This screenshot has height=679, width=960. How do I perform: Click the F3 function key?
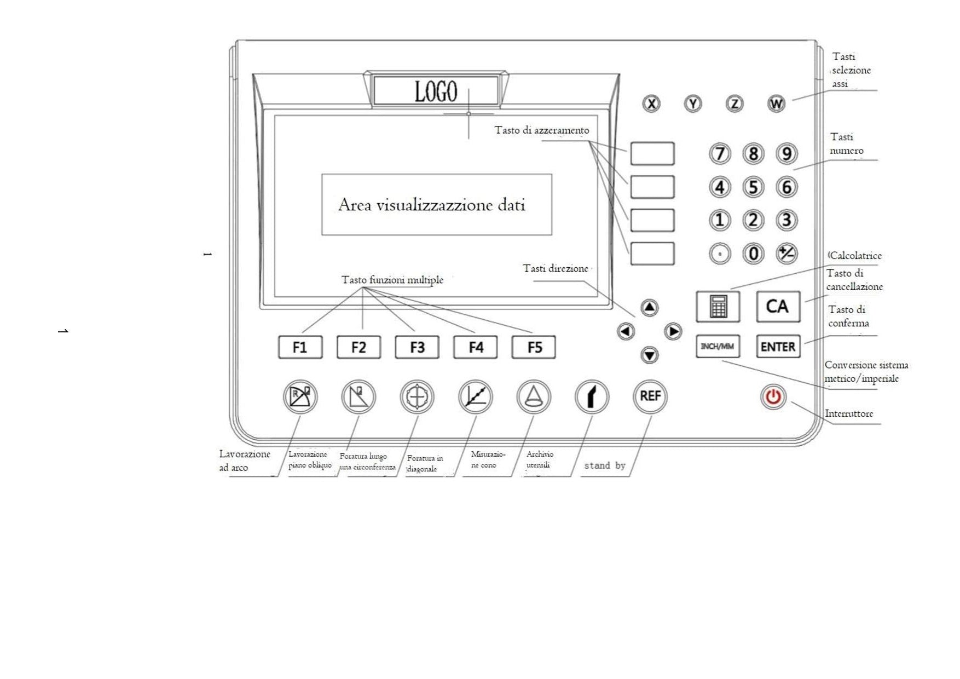[x=417, y=347]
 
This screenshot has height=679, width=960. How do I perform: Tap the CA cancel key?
[x=778, y=306]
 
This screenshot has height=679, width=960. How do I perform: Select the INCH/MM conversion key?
[x=718, y=347]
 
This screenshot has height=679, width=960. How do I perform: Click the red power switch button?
[x=773, y=396]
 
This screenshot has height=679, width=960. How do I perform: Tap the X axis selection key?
[x=651, y=103]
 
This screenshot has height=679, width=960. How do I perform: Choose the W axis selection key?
[x=776, y=103]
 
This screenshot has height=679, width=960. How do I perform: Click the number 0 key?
[x=753, y=254]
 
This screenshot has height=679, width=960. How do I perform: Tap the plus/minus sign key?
[x=787, y=254]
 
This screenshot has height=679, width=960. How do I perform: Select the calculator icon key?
[x=718, y=306]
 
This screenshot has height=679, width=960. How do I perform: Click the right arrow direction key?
[x=673, y=331]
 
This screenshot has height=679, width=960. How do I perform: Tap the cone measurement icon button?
[x=534, y=396]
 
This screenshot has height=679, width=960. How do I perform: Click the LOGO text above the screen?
[x=436, y=91]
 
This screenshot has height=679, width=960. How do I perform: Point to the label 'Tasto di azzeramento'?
[x=542, y=130]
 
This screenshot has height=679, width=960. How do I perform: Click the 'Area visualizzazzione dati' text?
[x=432, y=205]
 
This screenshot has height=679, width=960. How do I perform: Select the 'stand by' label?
[x=605, y=465]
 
